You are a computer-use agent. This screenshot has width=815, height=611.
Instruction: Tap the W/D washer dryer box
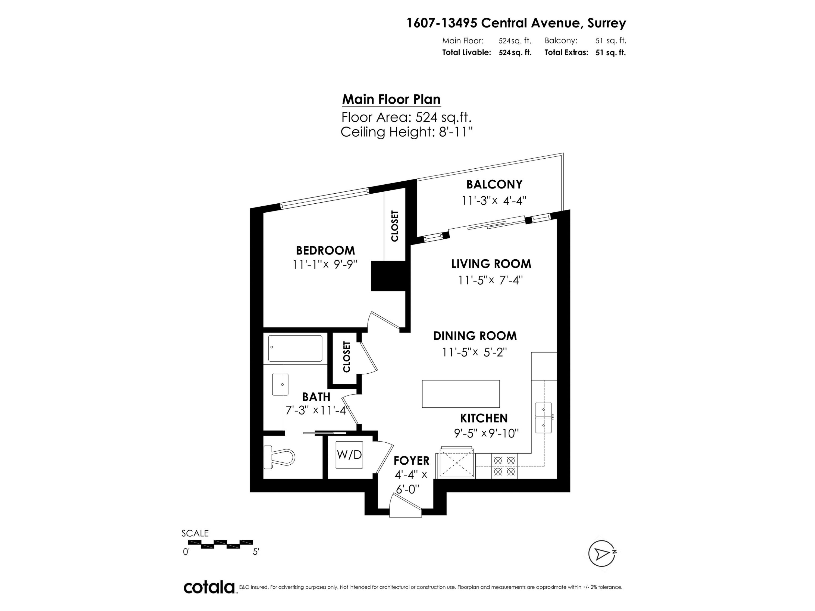(x=349, y=455)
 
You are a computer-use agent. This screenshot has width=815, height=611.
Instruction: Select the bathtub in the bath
(x=295, y=348)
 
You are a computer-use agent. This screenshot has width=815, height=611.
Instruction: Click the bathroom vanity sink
(x=280, y=384)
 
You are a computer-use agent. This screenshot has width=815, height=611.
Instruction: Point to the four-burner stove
(x=504, y=466)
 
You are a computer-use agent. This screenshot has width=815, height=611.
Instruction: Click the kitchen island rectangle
(x=460, y=394)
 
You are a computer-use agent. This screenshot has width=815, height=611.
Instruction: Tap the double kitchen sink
(x=543, y=418)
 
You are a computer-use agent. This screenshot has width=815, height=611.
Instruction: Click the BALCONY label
(x=494, y=184)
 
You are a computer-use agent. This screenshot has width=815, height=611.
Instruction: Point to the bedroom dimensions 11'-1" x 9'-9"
(x=325, y=264)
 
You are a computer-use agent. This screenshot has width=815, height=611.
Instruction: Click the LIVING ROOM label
(x=491, y=264)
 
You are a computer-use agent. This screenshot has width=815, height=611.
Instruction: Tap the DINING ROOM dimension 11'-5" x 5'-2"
(x=475, y=352)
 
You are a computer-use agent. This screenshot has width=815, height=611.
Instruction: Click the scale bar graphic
(x=220, y=544)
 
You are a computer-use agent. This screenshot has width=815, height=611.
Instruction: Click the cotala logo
(x=209, y=587)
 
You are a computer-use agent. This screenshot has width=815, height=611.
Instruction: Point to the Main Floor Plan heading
(x=391, y=99)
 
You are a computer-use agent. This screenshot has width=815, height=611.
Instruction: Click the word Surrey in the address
(x=606, y=23)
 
